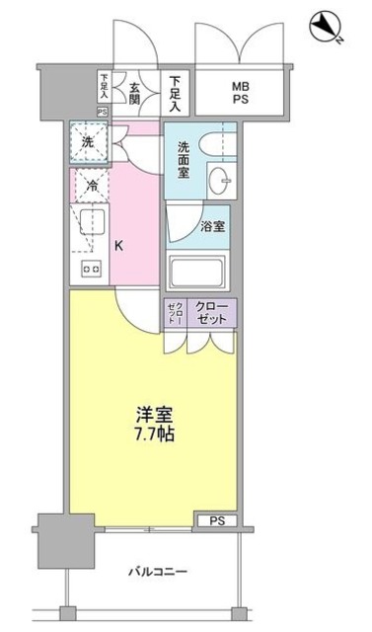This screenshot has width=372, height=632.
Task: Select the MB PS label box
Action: click(241, 93)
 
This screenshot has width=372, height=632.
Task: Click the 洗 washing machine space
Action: click(88, 142)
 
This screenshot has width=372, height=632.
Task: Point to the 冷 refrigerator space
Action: click(90, 185)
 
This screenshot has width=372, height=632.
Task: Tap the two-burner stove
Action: click(91, 268)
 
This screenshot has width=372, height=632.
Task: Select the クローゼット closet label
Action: click(210, 313)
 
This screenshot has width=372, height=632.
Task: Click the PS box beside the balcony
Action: click(216, 519)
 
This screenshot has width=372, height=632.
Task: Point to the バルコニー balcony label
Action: click(158, 572)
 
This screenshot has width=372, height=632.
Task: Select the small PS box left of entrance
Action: click(102, 112)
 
